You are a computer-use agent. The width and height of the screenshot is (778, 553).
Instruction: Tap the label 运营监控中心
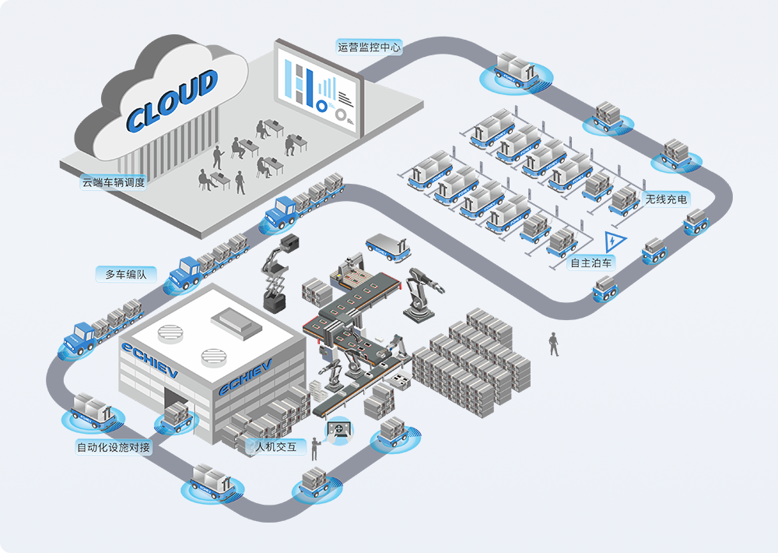[x=370, y=48]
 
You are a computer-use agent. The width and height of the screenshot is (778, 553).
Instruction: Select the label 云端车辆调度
[x=114, y=183]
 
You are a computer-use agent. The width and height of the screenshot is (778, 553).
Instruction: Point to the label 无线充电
[x=667, y=200]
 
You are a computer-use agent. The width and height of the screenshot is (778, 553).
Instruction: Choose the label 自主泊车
[x=592, y=263]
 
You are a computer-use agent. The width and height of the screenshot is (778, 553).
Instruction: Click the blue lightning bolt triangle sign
[x=615, y=241]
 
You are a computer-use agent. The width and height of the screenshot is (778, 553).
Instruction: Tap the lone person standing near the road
[x=554, y=343]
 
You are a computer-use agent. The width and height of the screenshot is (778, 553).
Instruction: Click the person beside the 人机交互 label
[x=315, y=449]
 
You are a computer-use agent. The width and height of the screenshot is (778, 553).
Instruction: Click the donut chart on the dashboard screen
[x=340, y=114]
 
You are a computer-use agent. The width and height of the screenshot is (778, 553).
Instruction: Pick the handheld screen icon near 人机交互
[x=339, y=430]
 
